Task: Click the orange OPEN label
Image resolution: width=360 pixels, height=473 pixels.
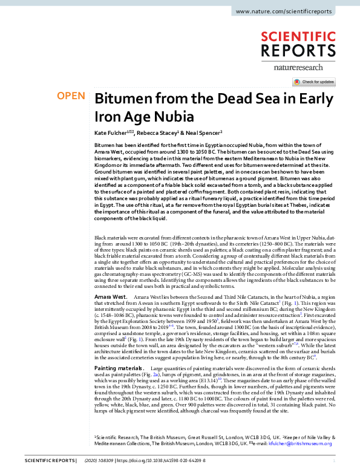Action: coord(70,96)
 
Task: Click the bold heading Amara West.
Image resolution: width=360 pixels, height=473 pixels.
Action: coord(111,298)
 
